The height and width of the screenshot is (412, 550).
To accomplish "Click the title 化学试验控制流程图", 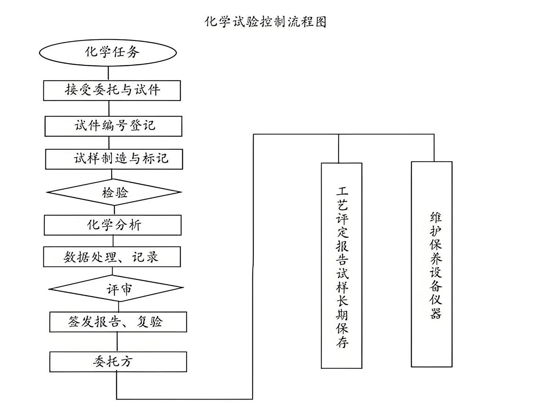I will pos(265,22).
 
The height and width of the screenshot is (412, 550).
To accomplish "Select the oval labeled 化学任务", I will pos(108,52).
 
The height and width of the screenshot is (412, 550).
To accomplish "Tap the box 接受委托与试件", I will pos(112,90).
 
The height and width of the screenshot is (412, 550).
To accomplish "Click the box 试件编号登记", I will pos(113,126).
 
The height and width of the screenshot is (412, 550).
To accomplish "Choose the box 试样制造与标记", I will pos(114,159).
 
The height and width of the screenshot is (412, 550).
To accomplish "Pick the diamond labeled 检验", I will pos(114,192).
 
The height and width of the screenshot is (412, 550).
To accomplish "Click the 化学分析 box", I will pos(113,225).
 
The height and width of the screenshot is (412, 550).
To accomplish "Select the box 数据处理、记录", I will pos(112,257).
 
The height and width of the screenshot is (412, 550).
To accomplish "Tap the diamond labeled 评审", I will pos(116,289).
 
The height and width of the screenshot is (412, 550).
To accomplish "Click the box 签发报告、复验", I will pos(118,322).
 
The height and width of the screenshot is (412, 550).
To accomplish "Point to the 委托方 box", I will pos(118,362).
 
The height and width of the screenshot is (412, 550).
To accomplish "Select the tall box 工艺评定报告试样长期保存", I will pos(341,266).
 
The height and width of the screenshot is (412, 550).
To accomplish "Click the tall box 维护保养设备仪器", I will pos(432,264).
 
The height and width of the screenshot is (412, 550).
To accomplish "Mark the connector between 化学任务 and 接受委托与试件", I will pos(109,73).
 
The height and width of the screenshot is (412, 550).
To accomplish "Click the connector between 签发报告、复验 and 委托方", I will pos(117,342).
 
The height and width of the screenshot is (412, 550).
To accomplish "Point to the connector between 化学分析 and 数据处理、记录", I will pos(113,241).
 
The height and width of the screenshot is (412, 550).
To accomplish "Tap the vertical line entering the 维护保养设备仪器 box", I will pos(434,148).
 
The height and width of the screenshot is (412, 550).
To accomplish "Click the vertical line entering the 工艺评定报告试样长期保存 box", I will pos(338,149).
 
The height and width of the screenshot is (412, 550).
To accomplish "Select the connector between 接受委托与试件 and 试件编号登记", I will pos(109,108).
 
